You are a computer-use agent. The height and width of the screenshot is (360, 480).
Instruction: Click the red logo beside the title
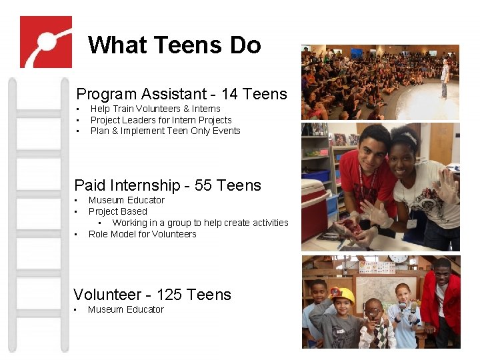pyautogui.click(x=45, y=42)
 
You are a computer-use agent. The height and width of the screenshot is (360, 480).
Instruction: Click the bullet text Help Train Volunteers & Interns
pyautogui.click(x=155, y=109)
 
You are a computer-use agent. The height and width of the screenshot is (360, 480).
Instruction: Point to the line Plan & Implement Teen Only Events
pyautogui.click(x=165, y=131)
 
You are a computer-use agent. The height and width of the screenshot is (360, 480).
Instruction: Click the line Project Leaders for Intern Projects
pyautogui.click(x=161, y=120)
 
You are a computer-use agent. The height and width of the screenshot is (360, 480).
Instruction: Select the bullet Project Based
pyautogui.click(x=117, y=211)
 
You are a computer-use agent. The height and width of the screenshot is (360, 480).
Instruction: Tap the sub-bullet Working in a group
pyautogui.click(x=200, y=223)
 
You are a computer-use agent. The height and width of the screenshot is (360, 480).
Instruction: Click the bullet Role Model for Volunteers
pyautogui.click(x=142, y=234)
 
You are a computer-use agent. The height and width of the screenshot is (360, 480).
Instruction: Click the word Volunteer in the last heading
pyautogui.click(x=107, y=295)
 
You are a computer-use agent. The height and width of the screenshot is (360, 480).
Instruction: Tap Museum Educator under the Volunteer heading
pyautogui.click(x=125, y=309)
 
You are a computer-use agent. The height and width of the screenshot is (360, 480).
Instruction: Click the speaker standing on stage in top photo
pyautogui.click(x=445, y=77)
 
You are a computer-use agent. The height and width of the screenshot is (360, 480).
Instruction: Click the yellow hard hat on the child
pyautogui.click(x=343, y=295)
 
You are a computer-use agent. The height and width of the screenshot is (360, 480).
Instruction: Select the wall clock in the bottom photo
pyautogui.click(x=398, y=258)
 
